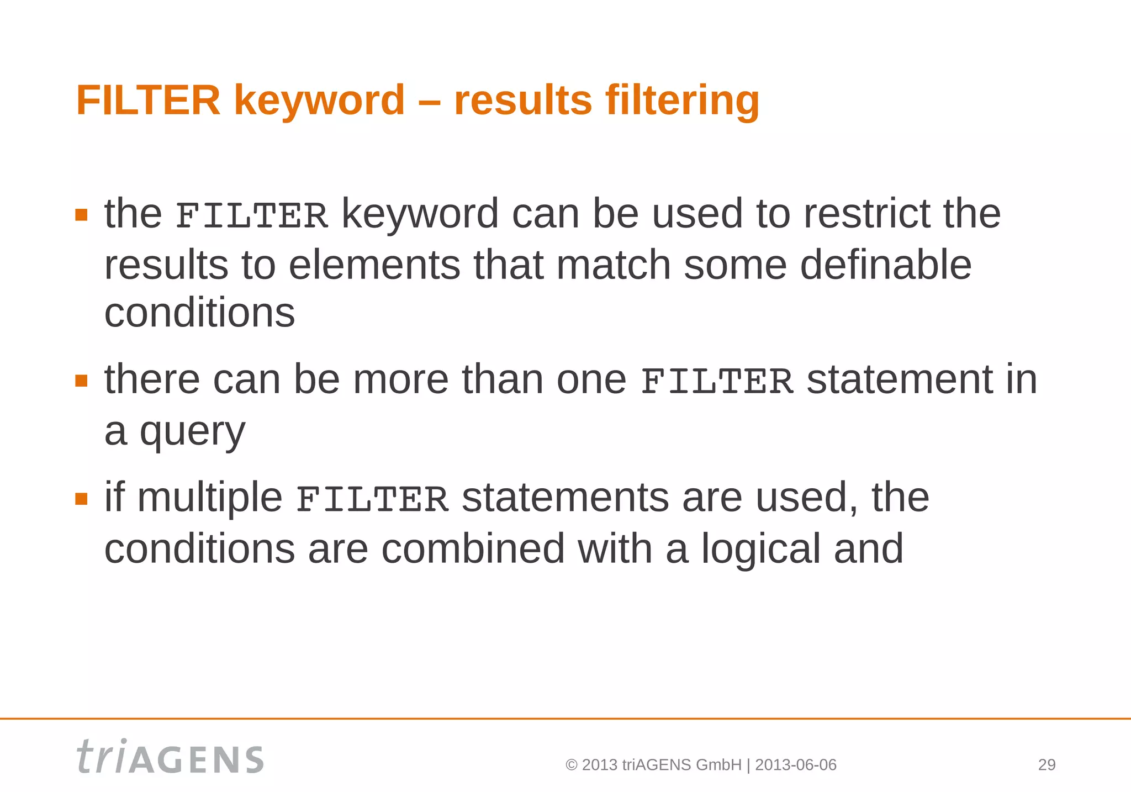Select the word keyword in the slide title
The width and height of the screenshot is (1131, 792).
[x=319, y=101]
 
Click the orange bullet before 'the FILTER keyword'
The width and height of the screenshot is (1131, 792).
[x=81, y=215]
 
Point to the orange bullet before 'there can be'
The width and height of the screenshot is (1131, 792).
[x=81, y=381]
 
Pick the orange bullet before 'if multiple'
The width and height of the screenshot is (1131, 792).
[x=81, y=499]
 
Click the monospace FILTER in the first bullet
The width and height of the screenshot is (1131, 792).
[x=252, y=215]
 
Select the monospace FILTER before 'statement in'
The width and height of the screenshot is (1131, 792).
[x=717, y=382]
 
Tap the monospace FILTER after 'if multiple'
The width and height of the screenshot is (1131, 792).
[x=372, y=499]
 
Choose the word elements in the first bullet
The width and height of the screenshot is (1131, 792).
[x=374, y=265]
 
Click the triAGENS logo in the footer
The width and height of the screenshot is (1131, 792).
[x=170, y=757]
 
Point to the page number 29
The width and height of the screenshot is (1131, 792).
[x=1047, y=765]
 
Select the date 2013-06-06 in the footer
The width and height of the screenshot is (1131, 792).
[x=795, y=765]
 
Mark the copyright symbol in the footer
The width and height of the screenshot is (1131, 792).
[x=572, y=765]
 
